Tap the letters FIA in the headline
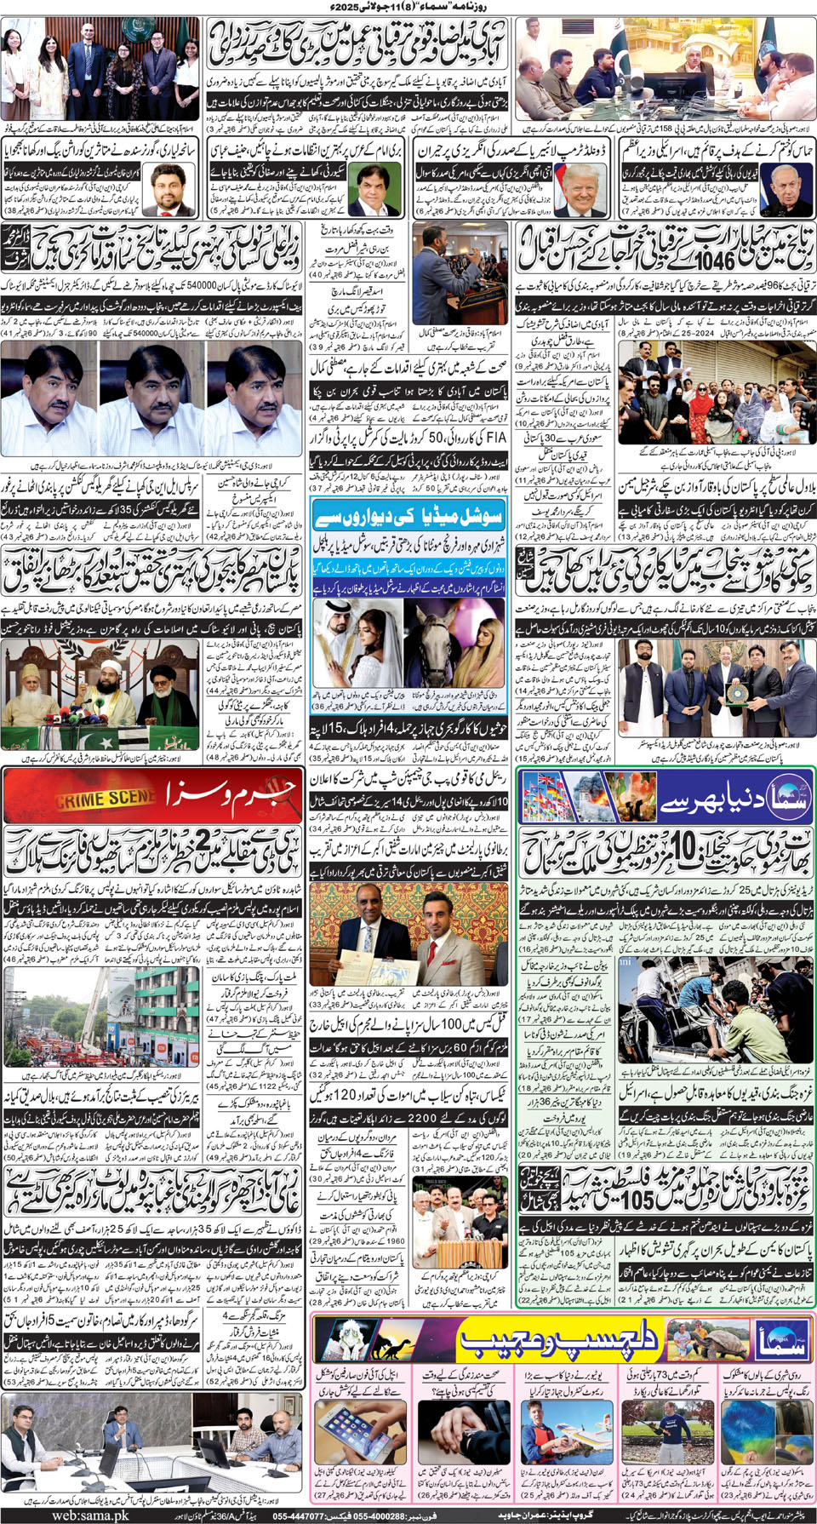494,437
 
